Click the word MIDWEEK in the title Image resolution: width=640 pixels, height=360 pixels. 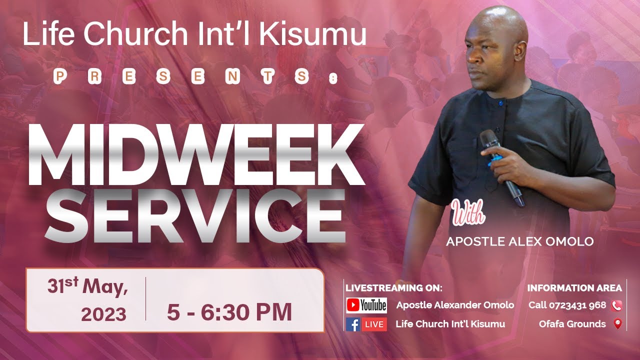[x=196, y=154]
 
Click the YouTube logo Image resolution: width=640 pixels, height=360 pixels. [x=366, y=305]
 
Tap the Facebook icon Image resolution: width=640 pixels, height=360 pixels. [x=353, y=324]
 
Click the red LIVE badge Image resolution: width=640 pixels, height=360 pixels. [x=374, y=324]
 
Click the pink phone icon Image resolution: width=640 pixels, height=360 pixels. [x=616, y=305]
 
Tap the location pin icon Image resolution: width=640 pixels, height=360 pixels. [x=617, y=324]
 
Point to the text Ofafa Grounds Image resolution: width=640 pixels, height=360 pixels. [x=572, y=324]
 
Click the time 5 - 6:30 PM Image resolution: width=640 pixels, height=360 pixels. [x=229, y=313]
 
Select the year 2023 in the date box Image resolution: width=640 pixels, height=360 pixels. [x=103, y=314]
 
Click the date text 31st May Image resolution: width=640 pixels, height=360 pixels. [x=88, y=287]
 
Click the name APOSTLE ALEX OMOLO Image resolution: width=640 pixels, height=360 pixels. [x=519, y=242]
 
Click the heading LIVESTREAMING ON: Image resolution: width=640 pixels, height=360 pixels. [x=394, y=288]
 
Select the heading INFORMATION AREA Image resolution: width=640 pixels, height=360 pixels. [x=574, y=288]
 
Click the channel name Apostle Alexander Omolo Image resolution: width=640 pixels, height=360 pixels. [x=455, y=305]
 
